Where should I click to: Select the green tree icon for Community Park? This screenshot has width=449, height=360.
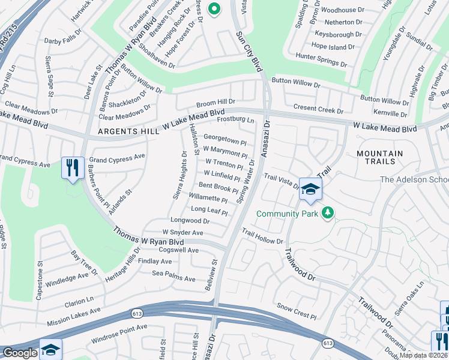coord(328,213)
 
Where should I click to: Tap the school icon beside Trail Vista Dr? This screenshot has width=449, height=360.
coord(310,189)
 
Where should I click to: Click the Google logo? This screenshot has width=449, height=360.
coord(19,353)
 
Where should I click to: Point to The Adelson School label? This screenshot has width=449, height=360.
coord(414,179)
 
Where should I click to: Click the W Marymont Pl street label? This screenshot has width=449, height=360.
coord(225,151)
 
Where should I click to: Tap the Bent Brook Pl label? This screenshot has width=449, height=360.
coord(218,188)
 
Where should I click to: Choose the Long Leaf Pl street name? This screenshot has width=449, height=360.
coord(209,210)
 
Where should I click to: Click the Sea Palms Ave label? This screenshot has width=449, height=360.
coord(173,278)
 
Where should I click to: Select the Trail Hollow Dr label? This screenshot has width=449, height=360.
coord(262,236)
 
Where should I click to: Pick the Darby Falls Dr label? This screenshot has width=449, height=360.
coord(62,41)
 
